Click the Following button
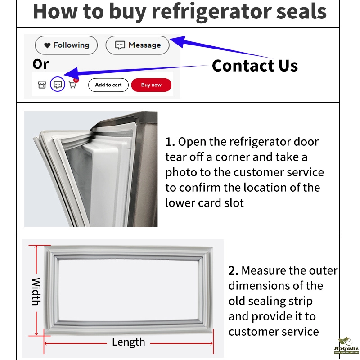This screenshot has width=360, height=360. tap(66, 45)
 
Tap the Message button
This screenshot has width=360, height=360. tap(137, 45)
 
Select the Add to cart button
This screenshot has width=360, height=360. tap(108, 85)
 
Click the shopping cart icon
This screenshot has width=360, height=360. tap(72, 85)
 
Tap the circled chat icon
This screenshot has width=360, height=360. tap(57, 85)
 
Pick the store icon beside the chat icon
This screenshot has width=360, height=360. tap(42, 85)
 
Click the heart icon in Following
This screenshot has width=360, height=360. tap(47, 45)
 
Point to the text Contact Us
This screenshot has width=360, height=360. tap(255, 66)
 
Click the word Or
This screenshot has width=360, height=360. tap(40, 64)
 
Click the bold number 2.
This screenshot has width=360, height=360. tap(233, 271)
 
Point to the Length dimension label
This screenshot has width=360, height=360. tap(129, 342)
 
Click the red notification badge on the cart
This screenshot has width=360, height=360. tap(76, 80)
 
